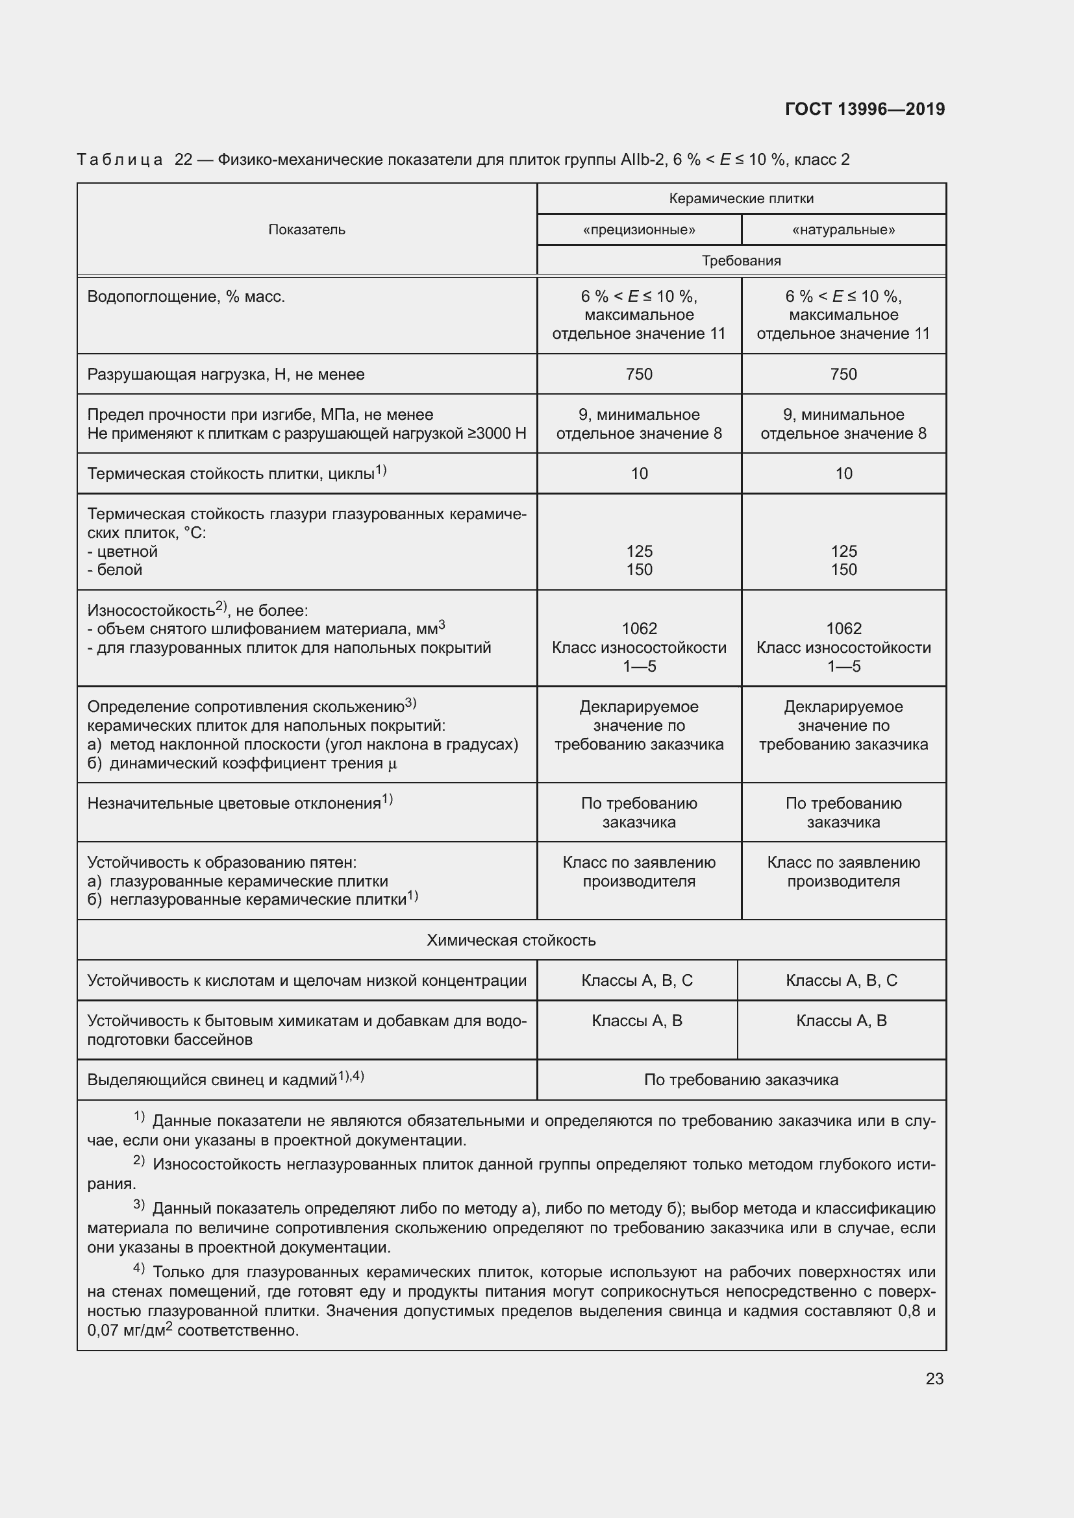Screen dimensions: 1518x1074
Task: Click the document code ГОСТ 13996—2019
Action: pyautogui.click(x=864, y=109)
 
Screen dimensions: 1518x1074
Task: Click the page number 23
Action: pyautogui.click(x=934, y=1378)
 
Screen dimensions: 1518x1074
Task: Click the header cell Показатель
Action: pyautogui.click(x=306, y=229)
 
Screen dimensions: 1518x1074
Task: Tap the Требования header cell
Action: pyautogui.click(x=741, y=260)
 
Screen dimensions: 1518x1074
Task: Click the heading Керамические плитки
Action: pyautogui.click(x=741, y=199)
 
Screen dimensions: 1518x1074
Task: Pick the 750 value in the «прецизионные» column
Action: pyautogui.click(x=639, y=374)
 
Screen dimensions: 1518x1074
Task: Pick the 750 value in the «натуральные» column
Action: pyautogui.click(x=843, y=374)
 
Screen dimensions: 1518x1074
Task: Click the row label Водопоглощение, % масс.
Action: pyautogui.click(x=186, y=297)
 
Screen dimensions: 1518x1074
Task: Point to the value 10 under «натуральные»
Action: pyautogui.click(x=843, y=473)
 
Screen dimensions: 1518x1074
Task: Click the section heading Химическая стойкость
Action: pyautogui.click(x=510, y=940)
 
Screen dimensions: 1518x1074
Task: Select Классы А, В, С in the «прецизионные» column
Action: pyautogui.click(x=637, y=981)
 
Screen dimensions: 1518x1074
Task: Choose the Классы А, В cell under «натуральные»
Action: pyautogui.click(x=841, y=1021)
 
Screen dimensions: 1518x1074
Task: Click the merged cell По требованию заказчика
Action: pyautogui.click(x=741, y=1081)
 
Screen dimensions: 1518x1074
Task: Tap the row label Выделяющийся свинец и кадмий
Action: pyautogui.click(x=212, y=1081)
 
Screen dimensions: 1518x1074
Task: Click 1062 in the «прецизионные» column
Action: pyautogui.click(x=639, y=628)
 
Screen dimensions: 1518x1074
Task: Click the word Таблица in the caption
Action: pyautogui.click(x=119, y=160)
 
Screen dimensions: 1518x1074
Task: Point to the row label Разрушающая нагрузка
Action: pyautogui.click(x=225, y=375)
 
